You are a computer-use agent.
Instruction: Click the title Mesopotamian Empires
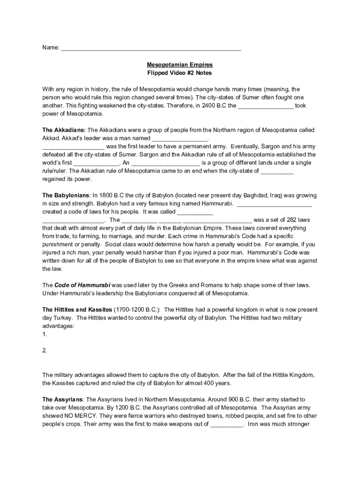(x=180, y=65)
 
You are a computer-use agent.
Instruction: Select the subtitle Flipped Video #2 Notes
(x=180, y=73)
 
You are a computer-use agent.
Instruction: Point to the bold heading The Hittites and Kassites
(x=77, y=310)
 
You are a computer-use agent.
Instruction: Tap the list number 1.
(x=44, y=334)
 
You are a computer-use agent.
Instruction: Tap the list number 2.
(x=44, y=350)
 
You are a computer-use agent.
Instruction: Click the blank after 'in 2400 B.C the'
(x=266, y=106)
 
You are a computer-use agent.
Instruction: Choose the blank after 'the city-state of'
(x=277, y=171)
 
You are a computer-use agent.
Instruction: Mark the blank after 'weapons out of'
(x=226, y=424)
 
